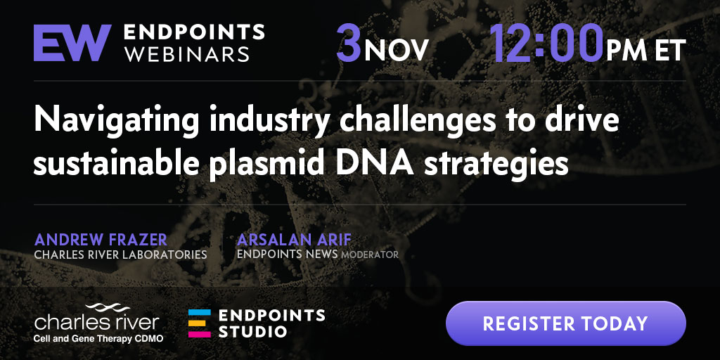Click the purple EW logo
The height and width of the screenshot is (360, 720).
pyautogui.click(x=72, y=42)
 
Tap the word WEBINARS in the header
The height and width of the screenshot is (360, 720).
pyautogui.click(x=187, y=53)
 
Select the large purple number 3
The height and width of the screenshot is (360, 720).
pyautogui.click(x=349, y=43)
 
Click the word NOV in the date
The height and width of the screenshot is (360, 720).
pyautogui.click(x=397, y=50)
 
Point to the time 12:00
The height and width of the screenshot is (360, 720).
pyautogui.click(x=546, y=43)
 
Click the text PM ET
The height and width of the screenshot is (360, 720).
pyautogui.click(x=646, y=50)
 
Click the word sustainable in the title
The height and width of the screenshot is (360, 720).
pyautogui.click(x=115, y=164)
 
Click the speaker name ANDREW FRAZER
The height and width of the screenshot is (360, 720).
pyautogui.click(x=101, y=239)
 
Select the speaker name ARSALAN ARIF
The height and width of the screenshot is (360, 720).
pyautogui.click(x=295, y=239)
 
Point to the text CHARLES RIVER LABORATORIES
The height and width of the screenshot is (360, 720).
pyautogui.click(x=120, y=254)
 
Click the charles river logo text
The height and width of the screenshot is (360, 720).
pyautogui.click(x=97, y=322)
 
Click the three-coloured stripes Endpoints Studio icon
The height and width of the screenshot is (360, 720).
pyautogui.click(x=199, y=323)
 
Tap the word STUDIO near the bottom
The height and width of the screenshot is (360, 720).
pyautogui.click(x=252, y=331)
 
